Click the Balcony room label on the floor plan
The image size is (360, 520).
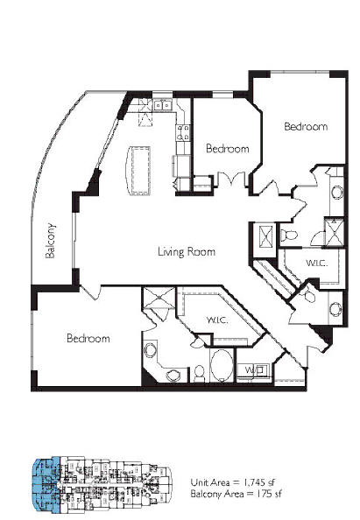51,241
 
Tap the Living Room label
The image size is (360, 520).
187,252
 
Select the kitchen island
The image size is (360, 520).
138,170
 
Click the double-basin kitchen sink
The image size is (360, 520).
163,105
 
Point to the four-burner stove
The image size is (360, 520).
183,132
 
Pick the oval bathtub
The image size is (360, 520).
222,365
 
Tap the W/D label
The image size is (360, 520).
254,369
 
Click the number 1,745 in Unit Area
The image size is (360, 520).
254,482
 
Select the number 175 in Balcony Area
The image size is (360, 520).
263,494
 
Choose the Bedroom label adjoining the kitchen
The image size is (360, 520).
228,149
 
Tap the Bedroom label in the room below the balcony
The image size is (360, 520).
88,338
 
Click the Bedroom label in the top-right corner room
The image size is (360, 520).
306,126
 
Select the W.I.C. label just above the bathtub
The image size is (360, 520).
217,320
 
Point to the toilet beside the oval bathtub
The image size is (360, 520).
199,373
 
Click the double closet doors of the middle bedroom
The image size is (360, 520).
231,180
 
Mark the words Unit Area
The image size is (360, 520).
209,482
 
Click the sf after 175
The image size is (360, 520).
278,494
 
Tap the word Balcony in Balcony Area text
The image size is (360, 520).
205,494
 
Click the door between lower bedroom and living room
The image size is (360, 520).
90,292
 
